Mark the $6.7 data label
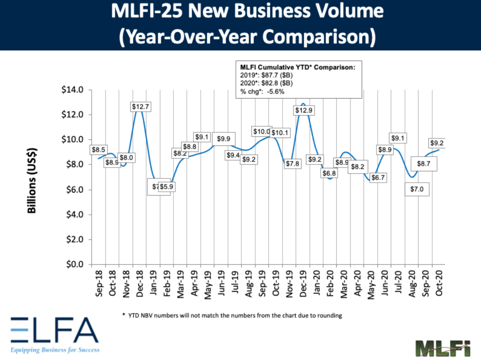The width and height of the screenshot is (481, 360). click(x=378, y=178)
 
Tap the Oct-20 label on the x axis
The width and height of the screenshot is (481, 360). click(x=439, y=282)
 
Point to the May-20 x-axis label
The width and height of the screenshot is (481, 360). click(x=371, y=282)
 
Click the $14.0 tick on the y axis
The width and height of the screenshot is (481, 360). click(x=72, y=90)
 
